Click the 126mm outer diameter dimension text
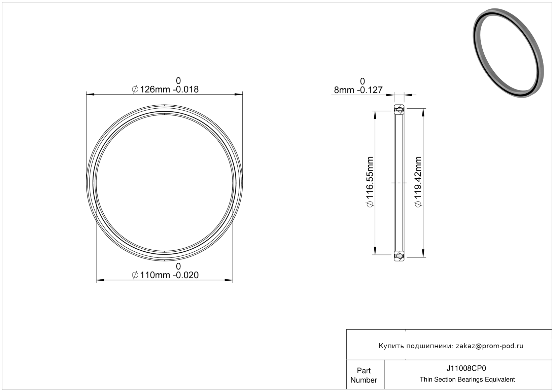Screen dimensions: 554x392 coord(165,89)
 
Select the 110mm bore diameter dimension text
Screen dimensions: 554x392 coord(165,275)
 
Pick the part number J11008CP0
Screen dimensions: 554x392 coord(466,368)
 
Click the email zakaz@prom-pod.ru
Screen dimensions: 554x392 coord(489,346)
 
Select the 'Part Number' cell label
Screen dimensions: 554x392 coord(364,375)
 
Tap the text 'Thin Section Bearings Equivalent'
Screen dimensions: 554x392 coord(467,380)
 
